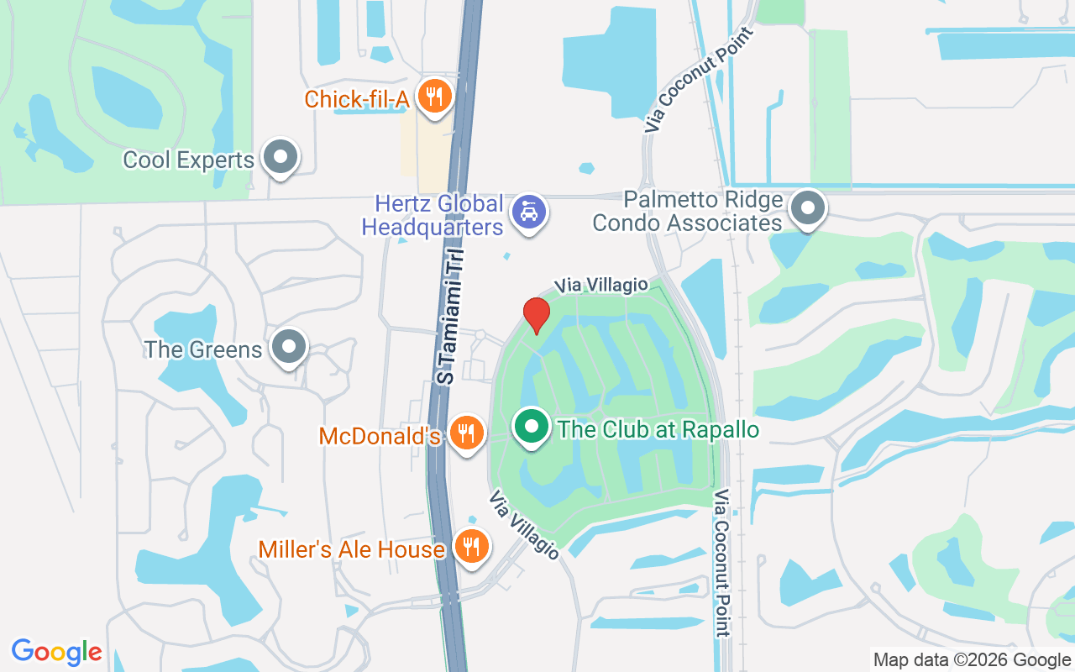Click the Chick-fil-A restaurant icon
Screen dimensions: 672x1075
coord(433,97)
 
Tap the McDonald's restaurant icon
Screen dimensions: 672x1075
coord(464,433)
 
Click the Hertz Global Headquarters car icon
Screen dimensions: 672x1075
coord(529,211)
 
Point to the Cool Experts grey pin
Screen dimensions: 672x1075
coord(280,156)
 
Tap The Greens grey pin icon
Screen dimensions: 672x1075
coord(290,346)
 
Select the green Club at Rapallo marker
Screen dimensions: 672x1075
coord(531,427)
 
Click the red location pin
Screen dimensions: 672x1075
coord(537,316)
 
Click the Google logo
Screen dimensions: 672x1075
coord(57,651)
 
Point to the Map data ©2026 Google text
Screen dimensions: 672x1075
coord(971,660)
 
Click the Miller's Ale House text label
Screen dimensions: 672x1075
coord(351,549)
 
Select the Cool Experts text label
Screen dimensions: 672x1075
coord(188,160)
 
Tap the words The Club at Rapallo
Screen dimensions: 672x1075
coord(658,430)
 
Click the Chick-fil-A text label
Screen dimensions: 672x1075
coord(356,99)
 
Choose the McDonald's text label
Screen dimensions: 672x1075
coord(380,437)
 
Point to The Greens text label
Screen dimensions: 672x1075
coord(203,349)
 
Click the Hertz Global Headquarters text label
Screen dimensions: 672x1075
coord(433,215)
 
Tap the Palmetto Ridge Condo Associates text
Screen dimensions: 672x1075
coord(687,212)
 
